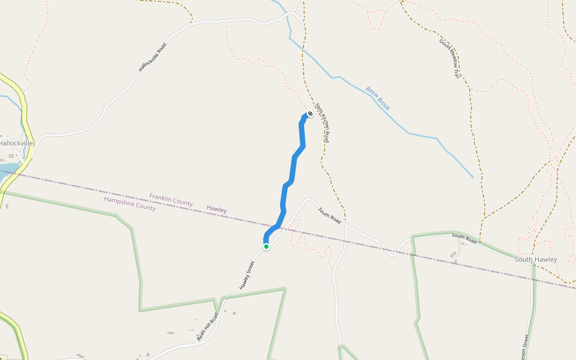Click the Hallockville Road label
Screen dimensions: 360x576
pyautogui.click(x=152, y=58)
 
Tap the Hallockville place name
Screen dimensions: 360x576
pyautogui.click(x=16, y=143)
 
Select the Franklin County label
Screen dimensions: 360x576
pyautogui.click(x=171, y=200)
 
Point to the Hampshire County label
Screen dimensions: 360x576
pyautogui.click(x=130, y=204)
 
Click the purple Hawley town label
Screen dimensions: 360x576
pyautogui.click(x=217, y=209)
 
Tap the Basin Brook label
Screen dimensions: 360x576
pyautogui.click(x=378, y=98)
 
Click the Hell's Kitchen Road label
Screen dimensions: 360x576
pyautogui.click(x=323, y=121)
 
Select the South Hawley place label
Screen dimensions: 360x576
pyautogui.click(x=535, y=259)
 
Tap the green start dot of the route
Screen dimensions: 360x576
pyautogui.click(x=266, y=245)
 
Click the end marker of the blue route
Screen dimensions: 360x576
pyautogui.click(x=310, y=113)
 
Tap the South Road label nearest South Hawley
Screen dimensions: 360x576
pyautogui.click(x=464, y=238)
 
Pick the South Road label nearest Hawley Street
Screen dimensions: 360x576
pyautogui.click(x=329, y=216)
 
